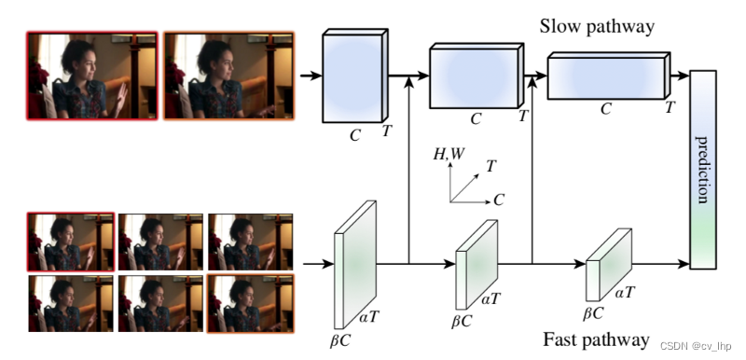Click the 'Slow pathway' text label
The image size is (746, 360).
(x=597, y=26)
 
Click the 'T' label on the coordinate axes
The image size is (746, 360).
(x=491, y=166)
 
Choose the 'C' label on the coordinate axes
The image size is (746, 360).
(x=499, y=200)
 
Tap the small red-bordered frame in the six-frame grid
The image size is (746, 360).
(x=71, y=241)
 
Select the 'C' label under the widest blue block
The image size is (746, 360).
(x=606, y=109)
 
